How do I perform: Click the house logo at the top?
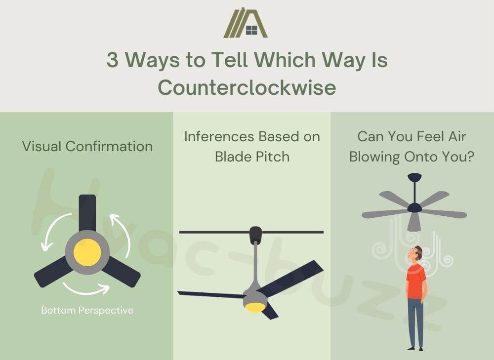[x=246, y=23]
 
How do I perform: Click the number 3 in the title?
[x=113, y=60]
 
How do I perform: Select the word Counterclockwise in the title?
[x=247, y=87]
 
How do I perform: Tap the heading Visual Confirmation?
[x=87, y=147]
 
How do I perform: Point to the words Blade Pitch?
[x=252, y=157]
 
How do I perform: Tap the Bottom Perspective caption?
[x=87, y=310]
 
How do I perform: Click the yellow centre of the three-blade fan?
[x=87, y=252]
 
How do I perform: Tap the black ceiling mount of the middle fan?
[x=255, y=235]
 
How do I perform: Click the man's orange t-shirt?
[x=416, y=281]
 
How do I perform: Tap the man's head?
[x=416, y=253]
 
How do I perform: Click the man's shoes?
[x=415, y=348]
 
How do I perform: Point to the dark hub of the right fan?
[x=414, y=207]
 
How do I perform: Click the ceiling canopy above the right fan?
[x=414, y=177]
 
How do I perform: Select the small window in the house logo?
[x=252, y=30]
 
